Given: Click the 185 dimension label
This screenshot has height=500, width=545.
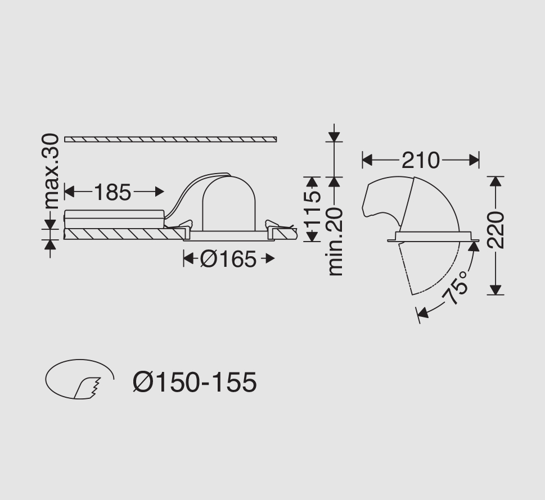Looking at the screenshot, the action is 112,192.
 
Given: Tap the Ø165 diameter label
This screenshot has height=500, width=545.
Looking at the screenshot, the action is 228,259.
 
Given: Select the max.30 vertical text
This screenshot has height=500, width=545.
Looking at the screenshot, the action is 51,171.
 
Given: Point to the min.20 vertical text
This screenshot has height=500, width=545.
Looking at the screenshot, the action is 335,242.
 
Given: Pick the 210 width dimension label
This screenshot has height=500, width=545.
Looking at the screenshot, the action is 421,161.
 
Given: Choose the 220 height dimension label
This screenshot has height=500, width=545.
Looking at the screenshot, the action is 496,230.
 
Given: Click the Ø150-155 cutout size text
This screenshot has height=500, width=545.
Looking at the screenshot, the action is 195,382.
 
